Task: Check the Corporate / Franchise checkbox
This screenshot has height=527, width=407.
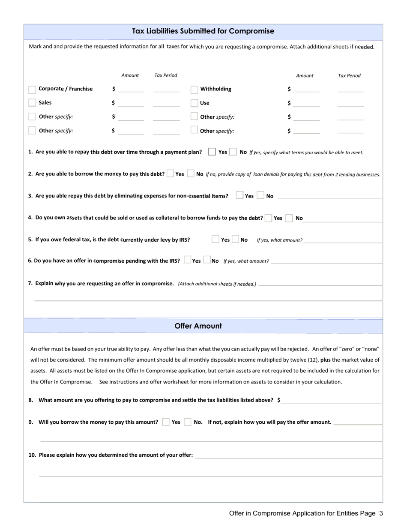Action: pos(32,90)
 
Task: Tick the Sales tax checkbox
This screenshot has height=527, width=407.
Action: pos(32,103)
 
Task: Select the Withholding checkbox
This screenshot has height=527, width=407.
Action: pos(194,90)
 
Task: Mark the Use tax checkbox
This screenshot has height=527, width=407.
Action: pos(194,103)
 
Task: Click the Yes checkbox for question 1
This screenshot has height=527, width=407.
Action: pos(212,152)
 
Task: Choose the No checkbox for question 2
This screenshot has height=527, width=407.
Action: pos(191,174)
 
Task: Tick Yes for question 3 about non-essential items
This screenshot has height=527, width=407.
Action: pos(240,195)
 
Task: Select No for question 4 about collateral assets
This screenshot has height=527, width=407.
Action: pos(289,218)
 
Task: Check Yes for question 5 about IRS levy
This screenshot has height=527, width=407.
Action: pos(215,239)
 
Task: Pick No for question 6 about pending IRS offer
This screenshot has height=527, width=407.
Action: pos(207,260)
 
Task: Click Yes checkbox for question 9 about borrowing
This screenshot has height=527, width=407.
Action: pos(166,422)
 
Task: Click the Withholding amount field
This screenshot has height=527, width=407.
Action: pos(306,89)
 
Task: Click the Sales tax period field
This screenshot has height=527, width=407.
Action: pos(166,103)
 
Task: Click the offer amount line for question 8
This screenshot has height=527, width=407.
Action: pos(332,400)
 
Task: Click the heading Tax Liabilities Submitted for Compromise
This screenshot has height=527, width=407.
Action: pos(203,31)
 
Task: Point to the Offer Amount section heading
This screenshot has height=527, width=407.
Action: pos(198,326)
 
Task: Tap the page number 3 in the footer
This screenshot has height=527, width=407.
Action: pos(381,513)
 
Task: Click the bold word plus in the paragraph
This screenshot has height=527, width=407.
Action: pos(325,360)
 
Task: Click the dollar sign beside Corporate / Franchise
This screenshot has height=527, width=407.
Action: pos(114,89)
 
